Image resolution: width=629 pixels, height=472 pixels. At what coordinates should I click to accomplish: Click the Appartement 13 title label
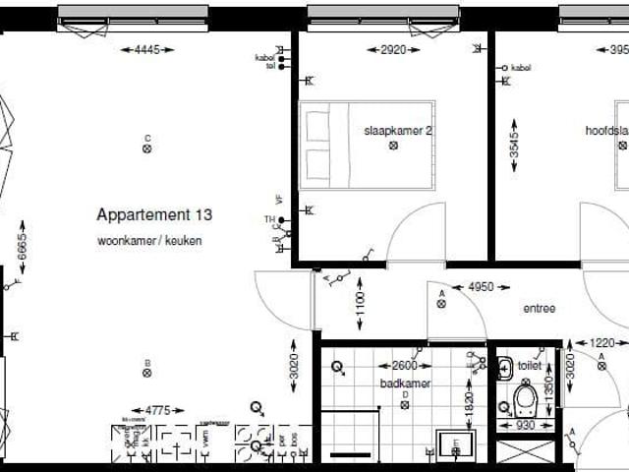154,214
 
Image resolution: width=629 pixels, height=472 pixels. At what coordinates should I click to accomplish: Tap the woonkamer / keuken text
149,241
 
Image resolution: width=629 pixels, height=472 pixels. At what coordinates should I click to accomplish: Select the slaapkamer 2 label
398,130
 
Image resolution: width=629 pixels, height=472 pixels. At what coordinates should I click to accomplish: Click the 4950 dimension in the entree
481,287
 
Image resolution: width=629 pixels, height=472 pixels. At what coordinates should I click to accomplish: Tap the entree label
539,309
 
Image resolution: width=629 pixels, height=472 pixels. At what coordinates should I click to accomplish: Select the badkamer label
404,383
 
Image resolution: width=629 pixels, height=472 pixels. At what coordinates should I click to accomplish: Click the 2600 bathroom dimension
402,366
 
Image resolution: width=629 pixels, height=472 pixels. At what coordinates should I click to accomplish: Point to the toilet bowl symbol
526,400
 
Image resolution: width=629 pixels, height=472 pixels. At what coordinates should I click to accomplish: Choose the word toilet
530,366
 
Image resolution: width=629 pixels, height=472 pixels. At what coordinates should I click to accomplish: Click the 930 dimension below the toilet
526,426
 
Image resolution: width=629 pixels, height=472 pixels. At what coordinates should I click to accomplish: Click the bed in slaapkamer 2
367,145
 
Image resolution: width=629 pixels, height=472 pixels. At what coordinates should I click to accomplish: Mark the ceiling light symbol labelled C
147,149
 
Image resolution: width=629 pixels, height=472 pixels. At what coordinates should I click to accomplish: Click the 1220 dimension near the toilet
601,343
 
